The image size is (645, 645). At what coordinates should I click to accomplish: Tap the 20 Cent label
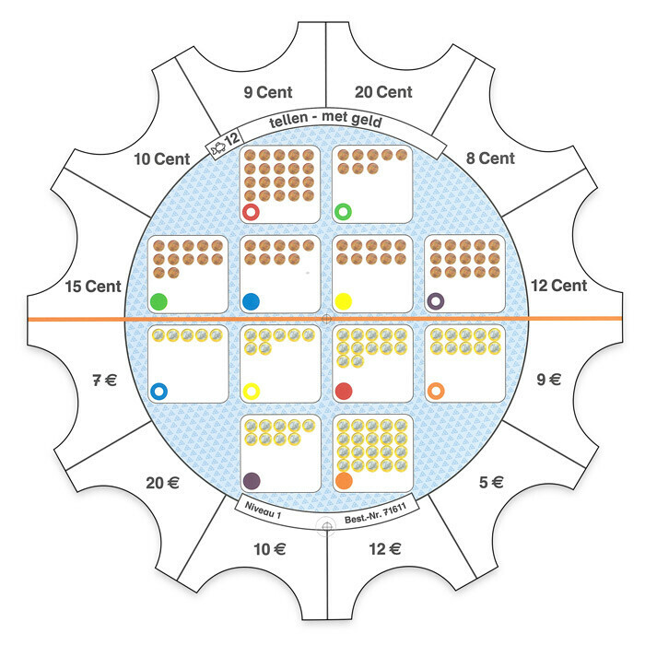point(382,92)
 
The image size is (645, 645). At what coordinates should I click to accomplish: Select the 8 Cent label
point(490,158)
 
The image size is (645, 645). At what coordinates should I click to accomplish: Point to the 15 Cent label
point(93,287)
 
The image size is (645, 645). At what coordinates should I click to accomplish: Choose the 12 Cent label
point(557,286)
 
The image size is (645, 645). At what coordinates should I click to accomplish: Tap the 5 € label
point(491,481)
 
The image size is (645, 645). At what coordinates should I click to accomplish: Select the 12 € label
point(382,549)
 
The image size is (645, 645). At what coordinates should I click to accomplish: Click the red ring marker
point(251,213)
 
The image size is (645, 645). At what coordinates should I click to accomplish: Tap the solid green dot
point(158,301)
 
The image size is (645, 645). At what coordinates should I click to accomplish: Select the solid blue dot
point(251,301)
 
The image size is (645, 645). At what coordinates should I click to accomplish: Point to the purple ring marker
point(436,300)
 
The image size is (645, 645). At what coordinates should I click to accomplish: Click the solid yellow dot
point(343,301)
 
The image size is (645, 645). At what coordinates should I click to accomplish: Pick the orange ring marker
point(436,391)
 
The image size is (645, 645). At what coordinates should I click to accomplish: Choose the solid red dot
point(343,391)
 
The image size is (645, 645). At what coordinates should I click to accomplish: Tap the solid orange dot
point(344,480)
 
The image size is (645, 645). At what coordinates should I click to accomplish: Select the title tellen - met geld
point(325,122)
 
